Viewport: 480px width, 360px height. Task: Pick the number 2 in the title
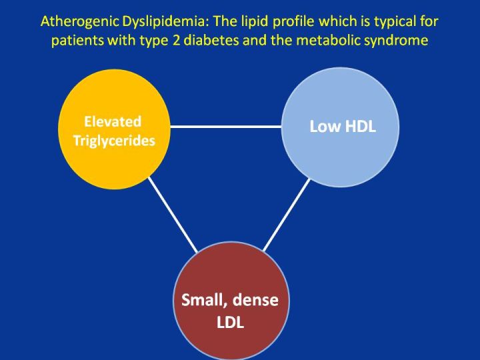point(176,41)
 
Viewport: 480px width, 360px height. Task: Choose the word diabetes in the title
point(211,40)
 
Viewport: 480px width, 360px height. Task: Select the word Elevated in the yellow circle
point(113,121)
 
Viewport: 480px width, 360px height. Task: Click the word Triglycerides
point(114,141)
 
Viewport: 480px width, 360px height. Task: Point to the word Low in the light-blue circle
point(323,126)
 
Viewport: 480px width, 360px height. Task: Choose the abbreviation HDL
point(359,126)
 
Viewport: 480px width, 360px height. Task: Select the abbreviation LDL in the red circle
point(230,322)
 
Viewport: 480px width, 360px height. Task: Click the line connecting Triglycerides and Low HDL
point(225,127)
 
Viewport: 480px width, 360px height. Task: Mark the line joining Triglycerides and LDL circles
point(173,215)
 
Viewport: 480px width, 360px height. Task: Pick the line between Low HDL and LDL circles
point(287,215)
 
